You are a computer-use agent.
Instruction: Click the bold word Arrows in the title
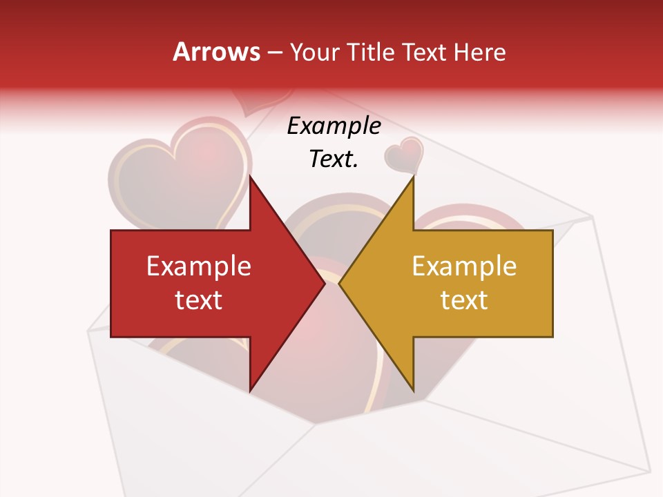coord(216,52)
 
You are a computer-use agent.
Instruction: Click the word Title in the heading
coord(371,52)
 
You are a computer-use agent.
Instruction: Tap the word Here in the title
coord(480,52)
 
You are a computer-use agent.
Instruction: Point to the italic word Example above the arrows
coord(334,126)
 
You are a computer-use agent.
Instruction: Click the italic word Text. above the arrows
coord(334,159)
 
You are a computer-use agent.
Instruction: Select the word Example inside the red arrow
coord(199,266)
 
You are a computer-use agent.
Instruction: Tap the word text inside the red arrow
coord(199,300)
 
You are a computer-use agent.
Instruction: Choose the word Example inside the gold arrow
coord(464,266)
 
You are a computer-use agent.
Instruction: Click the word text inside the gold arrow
coord(464,300)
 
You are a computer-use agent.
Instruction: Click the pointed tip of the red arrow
coord(324,284)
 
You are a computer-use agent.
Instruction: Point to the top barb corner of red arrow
coord(250,177)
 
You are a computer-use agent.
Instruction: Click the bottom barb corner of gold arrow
coord(413,391)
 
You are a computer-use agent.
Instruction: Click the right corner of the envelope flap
coord(592,217)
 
